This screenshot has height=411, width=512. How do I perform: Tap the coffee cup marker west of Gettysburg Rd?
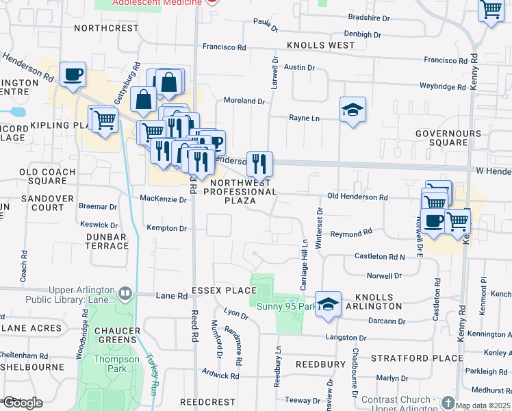[73, 74]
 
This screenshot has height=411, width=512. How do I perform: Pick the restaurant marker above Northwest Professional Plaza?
[259, 164]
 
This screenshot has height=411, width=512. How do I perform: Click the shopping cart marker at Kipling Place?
[104, 120]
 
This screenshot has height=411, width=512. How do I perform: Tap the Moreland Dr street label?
[244, 101]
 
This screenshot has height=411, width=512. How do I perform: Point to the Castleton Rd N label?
[379, 256]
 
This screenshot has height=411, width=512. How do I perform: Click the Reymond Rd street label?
[351, 234]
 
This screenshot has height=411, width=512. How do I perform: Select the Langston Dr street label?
[346, 338]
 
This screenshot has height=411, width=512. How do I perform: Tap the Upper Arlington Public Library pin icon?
[125, 295]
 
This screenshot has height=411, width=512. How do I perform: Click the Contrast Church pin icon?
[448, 401]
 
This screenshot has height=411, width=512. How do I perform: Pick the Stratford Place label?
[417, 358]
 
